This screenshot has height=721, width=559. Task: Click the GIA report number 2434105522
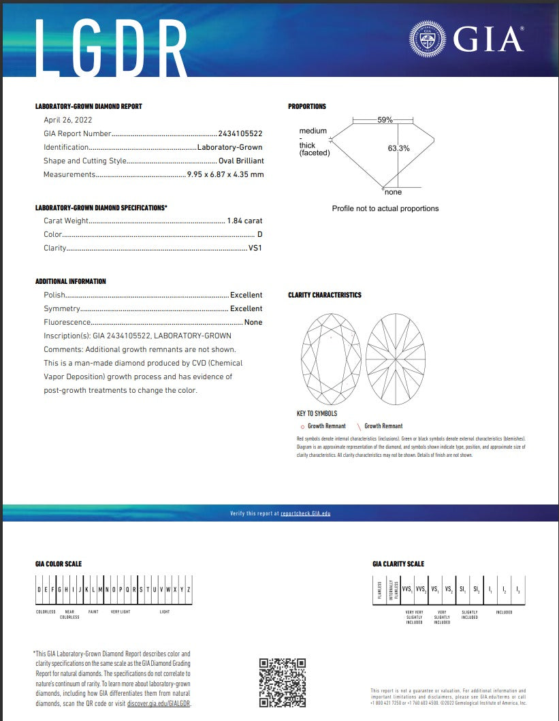[240, 133]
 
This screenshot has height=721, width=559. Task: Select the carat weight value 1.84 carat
[244, 221]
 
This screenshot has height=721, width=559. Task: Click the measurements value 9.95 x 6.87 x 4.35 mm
[225, 174]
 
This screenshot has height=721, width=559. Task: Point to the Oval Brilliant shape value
[241, 161]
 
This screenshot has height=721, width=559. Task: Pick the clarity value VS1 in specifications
[255, 248]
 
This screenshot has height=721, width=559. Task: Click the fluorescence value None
[253, 322]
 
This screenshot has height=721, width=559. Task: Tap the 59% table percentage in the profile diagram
[385, 120]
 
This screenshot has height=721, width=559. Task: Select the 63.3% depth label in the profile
[398, 148]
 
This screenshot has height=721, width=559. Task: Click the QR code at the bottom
[283, 682]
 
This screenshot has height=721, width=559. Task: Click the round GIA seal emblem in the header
[426, 37]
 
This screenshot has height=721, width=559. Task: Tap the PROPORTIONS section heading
[307, 106]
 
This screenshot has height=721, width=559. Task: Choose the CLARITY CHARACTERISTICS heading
[325, 295]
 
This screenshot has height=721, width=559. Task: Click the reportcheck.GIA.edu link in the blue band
[305, 513]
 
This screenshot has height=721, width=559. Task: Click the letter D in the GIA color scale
[39, 590]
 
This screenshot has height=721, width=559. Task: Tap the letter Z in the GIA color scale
[189, 590]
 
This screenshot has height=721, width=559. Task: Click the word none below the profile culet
[393, 193]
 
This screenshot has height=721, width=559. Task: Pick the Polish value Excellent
[246, 295]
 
